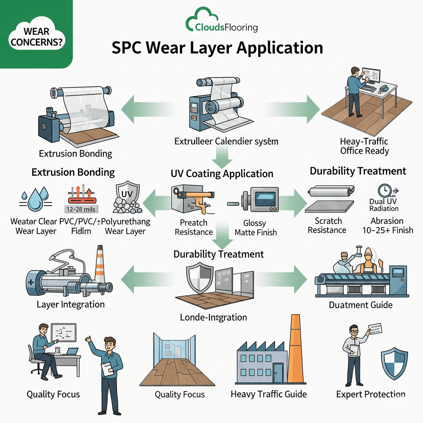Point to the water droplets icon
tap(35, 197)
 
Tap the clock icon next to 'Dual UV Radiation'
tap(385, 190)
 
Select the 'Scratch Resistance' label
tap(327, 225)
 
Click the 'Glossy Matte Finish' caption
tap(255, 228)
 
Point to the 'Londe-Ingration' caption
tap(214, 317)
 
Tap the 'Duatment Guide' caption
tap(360, 305)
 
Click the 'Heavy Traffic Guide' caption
tap(269, 394)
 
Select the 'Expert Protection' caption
tap(371, 394)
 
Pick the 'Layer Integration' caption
tap(71, 304)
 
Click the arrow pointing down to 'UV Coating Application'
tap(223, 158)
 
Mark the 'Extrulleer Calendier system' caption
tap(226, 141)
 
